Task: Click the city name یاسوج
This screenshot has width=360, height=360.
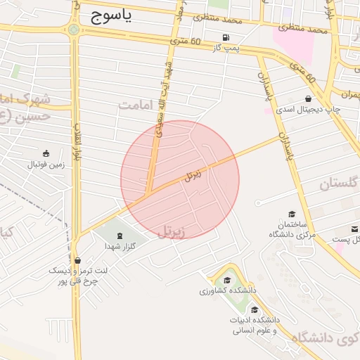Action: click(112, 18)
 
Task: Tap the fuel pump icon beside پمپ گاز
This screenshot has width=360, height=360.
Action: click(226, 38)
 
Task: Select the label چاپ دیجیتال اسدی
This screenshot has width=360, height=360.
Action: click(307, 110)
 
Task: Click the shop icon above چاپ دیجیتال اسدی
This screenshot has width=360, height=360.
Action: click(308, 99)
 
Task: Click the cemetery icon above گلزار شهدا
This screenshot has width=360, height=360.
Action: click(118, 236)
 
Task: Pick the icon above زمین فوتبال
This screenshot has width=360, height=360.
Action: click(46, 153)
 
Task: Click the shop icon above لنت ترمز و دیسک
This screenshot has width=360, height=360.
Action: click(77, 259)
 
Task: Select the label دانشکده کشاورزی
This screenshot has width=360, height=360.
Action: click(228, 290)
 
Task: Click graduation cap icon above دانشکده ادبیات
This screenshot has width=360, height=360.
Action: click(254, 309)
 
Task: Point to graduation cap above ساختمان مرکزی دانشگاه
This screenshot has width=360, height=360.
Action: click(292, 214)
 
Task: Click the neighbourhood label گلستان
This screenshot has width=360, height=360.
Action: click(335, 185)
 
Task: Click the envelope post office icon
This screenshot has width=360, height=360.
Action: click(355, 229)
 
